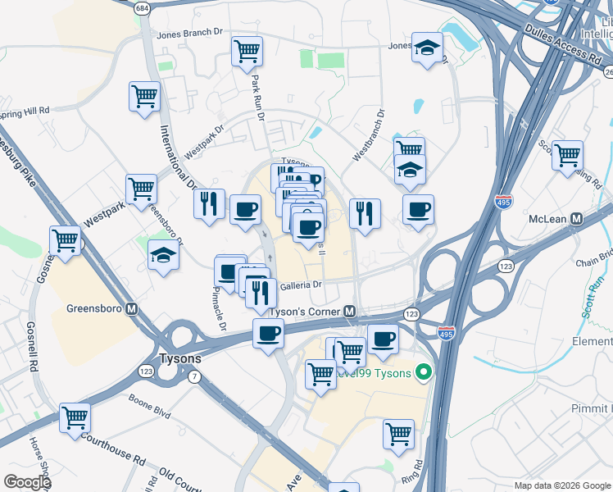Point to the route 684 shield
pyautogui.click(x=143, y=7)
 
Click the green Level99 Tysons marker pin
pyautogui.click(x=423, y=373)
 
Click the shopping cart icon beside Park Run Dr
pyautogui.click(x=247, y=52)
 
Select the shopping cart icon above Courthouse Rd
pyautogui.click(x=75, y=417)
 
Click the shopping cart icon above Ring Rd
pyautogui.click(x=399, y=433)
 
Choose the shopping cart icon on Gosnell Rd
pyautogui.click(x=66, y=241)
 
